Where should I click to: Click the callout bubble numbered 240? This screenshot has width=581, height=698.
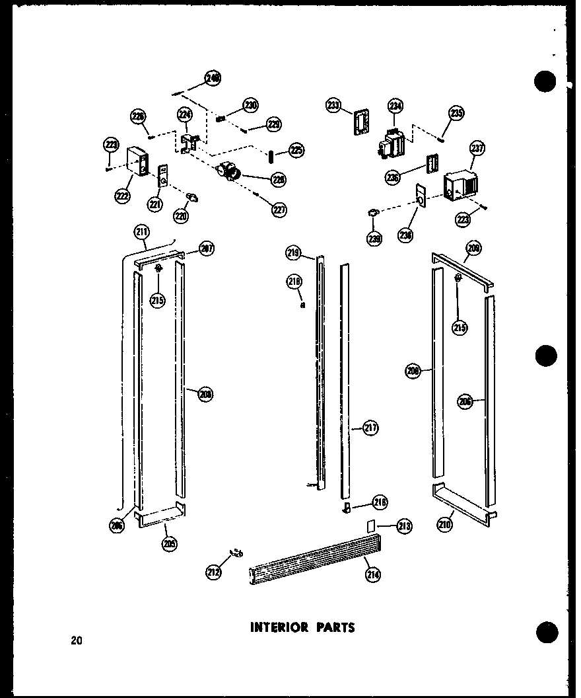click(213, 79)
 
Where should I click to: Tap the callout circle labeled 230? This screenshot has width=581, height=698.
click(250, 104)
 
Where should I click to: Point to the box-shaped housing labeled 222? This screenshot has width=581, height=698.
click(137, 163)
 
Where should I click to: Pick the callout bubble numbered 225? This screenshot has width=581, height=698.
click(296, 150)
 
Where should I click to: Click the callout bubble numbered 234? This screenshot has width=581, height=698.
click(395, 106)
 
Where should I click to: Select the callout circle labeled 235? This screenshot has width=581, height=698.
click(456, 113)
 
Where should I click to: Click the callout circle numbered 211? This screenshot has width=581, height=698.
click(141, 231)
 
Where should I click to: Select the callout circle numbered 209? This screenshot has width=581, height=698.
click(473, 249)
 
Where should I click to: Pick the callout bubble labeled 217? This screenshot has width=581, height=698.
click(370, 428)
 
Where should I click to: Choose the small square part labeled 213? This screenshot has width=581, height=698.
click(370, 525)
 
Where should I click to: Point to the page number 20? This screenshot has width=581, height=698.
click(77, 639)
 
